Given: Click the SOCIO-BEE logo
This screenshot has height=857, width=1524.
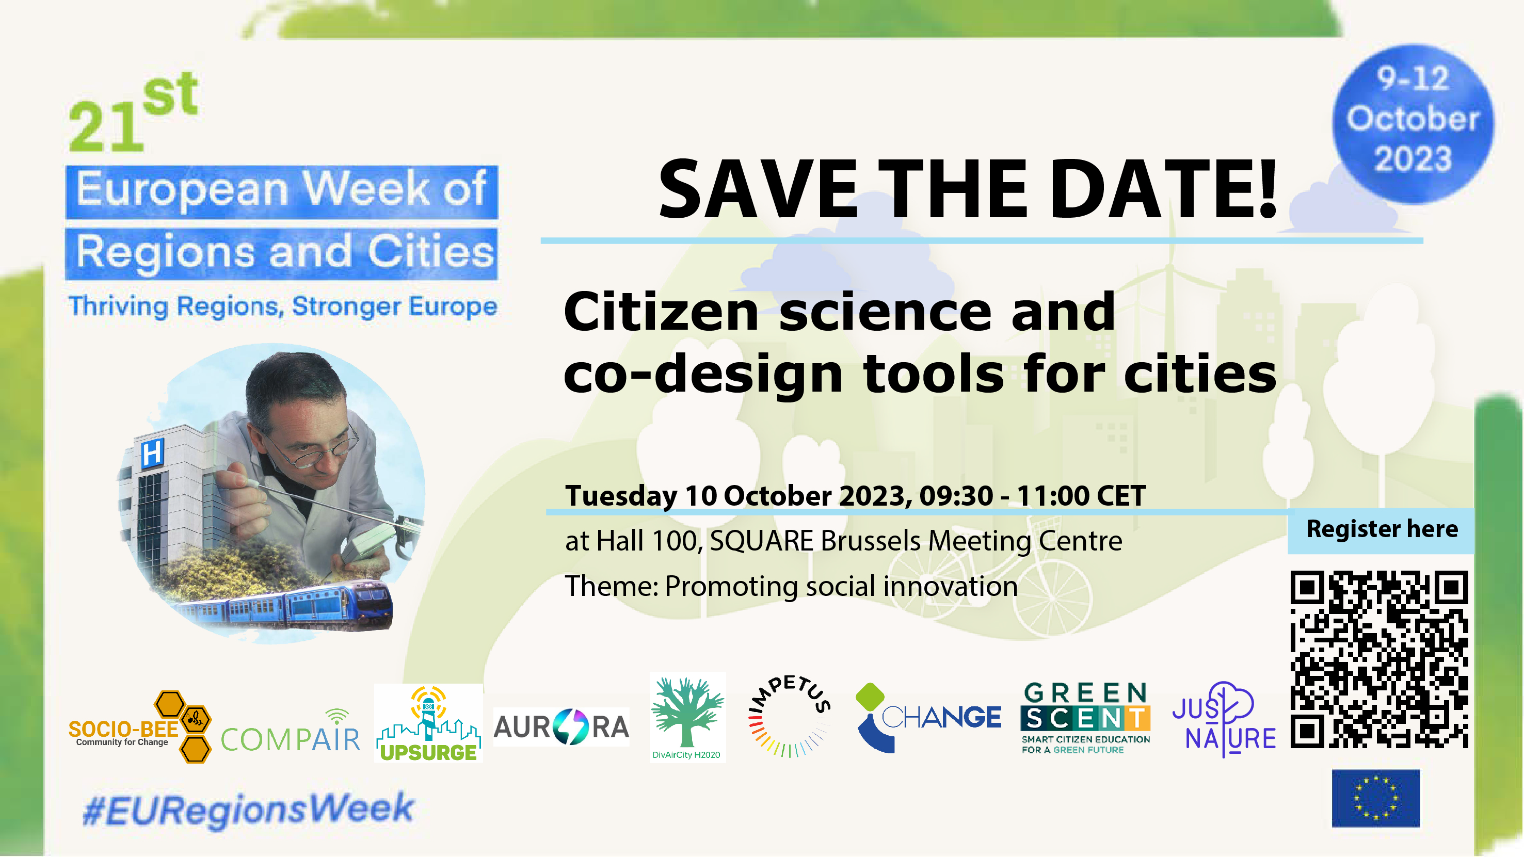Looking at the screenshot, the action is coord(140,727).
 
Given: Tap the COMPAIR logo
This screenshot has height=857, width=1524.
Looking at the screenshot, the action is coord(291,732).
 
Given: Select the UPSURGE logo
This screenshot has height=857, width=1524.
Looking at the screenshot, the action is coord(428,723).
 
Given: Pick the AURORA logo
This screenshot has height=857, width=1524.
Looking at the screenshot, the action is coord(562,727).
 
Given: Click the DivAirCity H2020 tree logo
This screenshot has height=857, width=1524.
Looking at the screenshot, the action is coord(687,717).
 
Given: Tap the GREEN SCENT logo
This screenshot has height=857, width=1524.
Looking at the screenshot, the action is coord(1086,719).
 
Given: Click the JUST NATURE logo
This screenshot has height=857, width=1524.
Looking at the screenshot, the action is coord(1224,720).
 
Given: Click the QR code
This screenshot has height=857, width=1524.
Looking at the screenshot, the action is coord(1379,659).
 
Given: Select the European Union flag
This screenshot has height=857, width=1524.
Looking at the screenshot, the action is coord(1375,798).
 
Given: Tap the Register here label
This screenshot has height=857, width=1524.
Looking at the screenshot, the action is coord(1382,529).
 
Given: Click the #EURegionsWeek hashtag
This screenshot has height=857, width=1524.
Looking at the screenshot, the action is coord(248,810).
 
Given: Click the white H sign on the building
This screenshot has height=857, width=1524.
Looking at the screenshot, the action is coord(152,454).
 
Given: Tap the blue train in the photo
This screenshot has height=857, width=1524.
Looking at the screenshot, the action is coord(284,606).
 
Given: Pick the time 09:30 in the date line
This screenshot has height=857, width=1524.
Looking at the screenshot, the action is coord(956,496).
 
